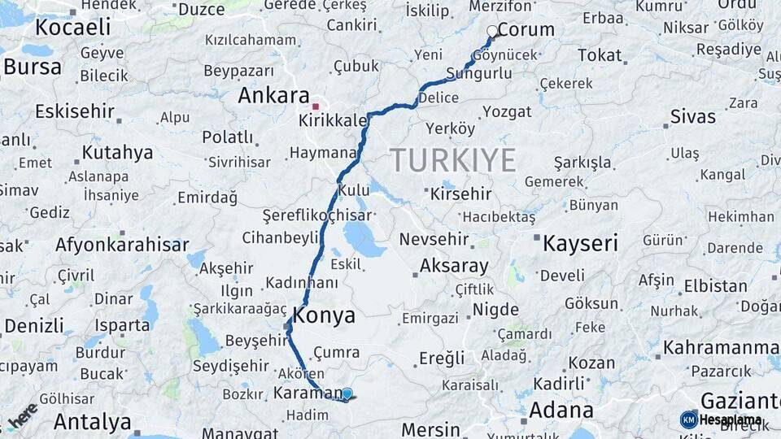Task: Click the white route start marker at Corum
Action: (x=492, y=32)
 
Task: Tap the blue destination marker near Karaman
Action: (x=347, y=394)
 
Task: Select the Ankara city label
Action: (x=273, y=96)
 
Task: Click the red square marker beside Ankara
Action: (x=316, y=106)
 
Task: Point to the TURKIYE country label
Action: (x=452, y=160)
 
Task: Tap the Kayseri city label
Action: (x=580, y=243)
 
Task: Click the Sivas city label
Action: (x=692, y=116)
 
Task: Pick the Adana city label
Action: (x=561, y=410)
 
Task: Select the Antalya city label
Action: (x=92, y=422)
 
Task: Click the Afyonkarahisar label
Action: (x=122, y=245)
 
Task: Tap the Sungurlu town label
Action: (x=480, y=74)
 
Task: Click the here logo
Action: (x=23, y=416)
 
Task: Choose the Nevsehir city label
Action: (x=434, y=240)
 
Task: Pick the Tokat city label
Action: (x=600, y=55)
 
